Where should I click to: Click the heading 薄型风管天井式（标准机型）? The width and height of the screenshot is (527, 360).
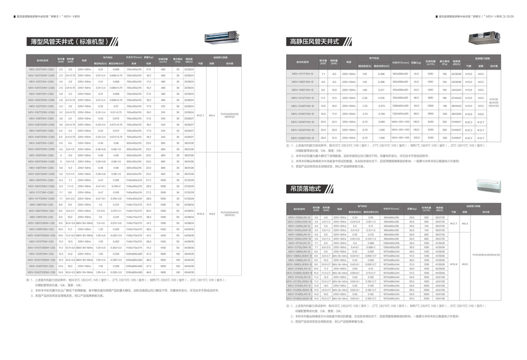(73, 41)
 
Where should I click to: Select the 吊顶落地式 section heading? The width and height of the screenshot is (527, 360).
(306, 188)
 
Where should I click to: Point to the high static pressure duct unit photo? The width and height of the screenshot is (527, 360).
(482, 37)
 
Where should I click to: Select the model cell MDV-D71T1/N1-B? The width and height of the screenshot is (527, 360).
(302, 74)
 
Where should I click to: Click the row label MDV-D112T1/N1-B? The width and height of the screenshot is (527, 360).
(302, 98)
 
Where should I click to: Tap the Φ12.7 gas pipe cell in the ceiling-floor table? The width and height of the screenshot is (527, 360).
(453, 223)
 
